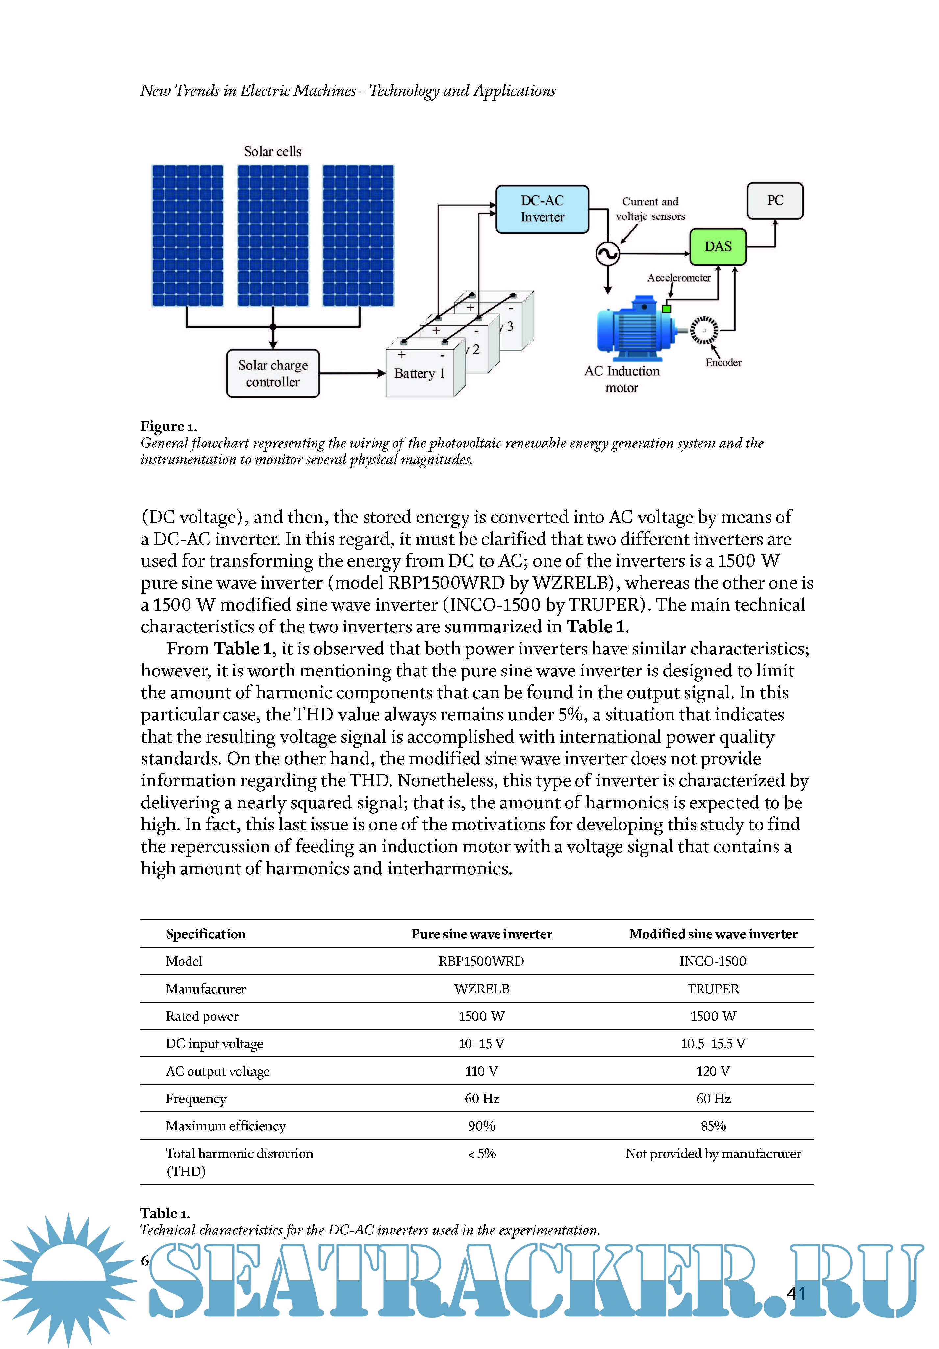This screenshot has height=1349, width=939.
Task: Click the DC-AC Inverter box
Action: pyautogui.click(x=542, y=209)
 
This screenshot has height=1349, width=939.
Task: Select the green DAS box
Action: pyautogui.click(x=718, y=247)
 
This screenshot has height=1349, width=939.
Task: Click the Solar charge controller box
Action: pyautogui.click(x=273, y=374)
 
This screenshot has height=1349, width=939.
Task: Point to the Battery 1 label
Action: pyautogui.click(x=419, y=374)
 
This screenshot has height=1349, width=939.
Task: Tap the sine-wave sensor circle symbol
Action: pyautogui.click(x=608, y=254)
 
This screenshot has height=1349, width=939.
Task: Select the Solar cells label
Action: pyautogui.click(x=273, y=152)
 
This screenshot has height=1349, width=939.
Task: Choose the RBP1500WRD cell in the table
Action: pyautogui.click(x=481, y=961)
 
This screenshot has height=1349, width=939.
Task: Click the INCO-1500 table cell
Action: pyautogui.click(x=713, y=961)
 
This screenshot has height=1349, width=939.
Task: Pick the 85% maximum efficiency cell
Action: pyautogui.click(x=713, y=1126)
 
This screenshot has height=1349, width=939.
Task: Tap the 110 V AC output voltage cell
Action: pyautogui.click(x=481, y=1071)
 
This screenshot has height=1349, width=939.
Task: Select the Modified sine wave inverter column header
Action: pyautogui.click(x=713, y=934)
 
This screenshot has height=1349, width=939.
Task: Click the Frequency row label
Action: pyautogui.click(x=196, y=1099)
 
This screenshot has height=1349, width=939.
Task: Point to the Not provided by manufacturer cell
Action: pyautogui.click(x=713, y=1153)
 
